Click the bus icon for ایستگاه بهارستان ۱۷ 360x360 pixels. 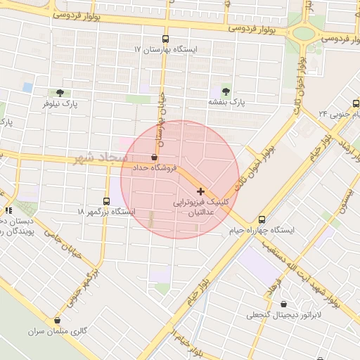point(165,39)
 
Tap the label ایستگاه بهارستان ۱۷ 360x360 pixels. point(166,50)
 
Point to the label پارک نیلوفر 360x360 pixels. point(59,103)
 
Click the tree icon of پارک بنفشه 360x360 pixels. point(226,91)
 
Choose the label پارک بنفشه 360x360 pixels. point(225,102)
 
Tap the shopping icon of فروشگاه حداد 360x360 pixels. point(154,157)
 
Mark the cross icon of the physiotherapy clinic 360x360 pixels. point(201,191)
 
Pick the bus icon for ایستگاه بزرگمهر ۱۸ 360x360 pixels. point(106,200)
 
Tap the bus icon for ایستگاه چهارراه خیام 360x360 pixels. point(262,219)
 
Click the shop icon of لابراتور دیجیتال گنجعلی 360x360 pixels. point(283,304)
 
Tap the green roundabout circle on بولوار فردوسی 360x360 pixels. point(305,32)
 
